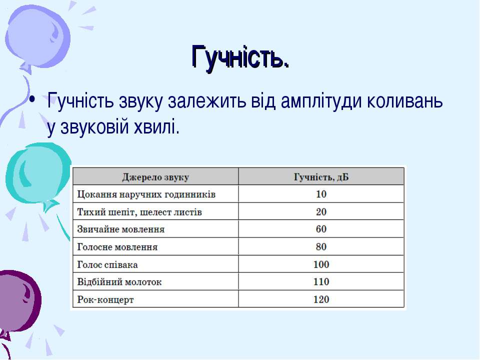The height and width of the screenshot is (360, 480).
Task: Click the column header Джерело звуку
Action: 155,177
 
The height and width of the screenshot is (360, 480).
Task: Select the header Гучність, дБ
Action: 321,177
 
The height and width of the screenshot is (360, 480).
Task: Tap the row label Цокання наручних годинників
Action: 146,194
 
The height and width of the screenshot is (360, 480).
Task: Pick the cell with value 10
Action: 321,194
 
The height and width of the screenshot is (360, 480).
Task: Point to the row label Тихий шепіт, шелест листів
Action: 139,212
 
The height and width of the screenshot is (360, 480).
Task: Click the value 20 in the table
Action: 321,212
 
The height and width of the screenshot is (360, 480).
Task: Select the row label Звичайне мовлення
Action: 120,229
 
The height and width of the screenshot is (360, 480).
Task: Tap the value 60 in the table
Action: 321,229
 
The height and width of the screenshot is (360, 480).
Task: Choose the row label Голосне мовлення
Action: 117,246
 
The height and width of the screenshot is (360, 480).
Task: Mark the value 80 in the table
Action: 321,246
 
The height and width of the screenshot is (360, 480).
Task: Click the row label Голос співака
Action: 107,264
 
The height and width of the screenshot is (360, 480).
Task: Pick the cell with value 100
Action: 321,264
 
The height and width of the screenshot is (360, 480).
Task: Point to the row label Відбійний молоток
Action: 119,281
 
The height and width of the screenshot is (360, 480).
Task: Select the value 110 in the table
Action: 321,281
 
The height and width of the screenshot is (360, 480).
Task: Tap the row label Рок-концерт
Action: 105,299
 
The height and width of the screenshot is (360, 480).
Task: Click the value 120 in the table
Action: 321,299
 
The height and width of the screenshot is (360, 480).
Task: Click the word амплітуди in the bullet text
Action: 321,101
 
